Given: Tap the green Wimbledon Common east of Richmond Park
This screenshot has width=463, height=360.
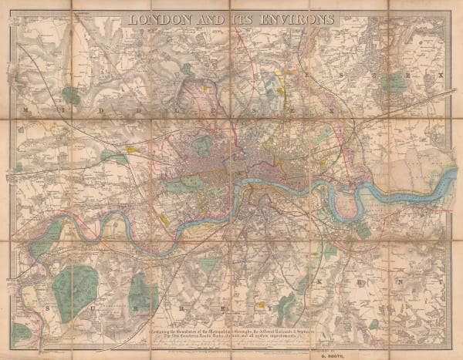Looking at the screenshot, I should point(143,293).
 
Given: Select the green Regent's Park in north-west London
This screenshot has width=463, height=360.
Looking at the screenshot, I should point(202,146).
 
